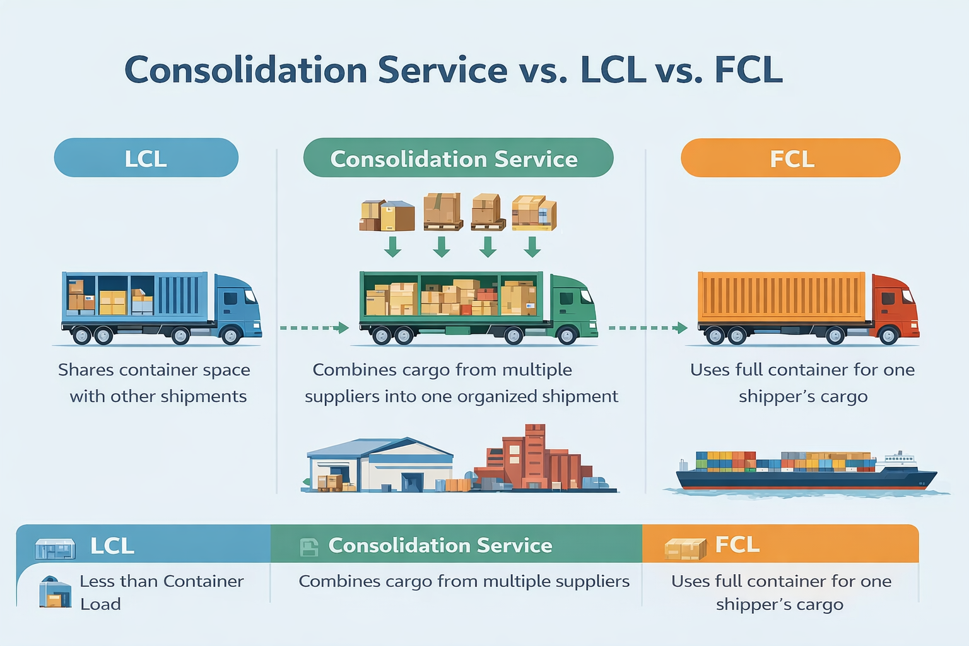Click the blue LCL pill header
click(146, 158)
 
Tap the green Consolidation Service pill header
click(458, 158)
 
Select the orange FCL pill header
click(790, 158)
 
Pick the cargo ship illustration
click(804, 472)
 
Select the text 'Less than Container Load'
click(161, 592)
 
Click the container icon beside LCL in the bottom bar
click(55, 548)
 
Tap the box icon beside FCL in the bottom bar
click(685, 548)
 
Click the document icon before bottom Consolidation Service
click(309, 547)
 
